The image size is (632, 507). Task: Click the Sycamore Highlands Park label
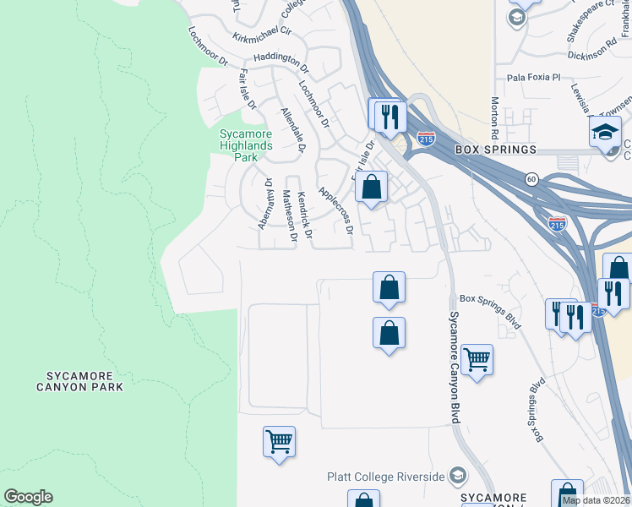tap(245, 145)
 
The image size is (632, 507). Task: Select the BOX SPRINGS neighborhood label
tap(495, 150)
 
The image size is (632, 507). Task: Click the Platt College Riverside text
tap(386, 477)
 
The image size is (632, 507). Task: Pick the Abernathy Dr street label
tap(265, 204)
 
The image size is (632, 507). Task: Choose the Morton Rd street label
tap(494, 117)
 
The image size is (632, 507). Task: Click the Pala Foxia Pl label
tap(533, 77)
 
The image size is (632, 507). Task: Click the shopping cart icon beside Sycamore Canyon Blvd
tap(477, 360)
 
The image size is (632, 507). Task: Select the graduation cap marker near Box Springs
tap(605, 133)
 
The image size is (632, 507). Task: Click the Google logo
tap(28, 497)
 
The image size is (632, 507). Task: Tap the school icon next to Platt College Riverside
tap(458, 477)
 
